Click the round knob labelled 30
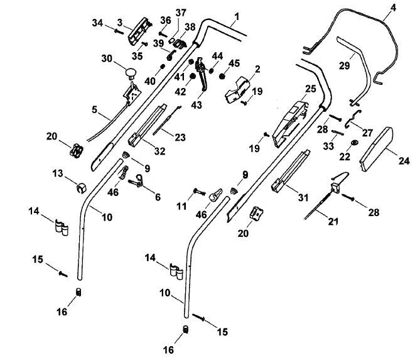(x=131, y=74)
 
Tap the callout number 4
(x=392, y=8)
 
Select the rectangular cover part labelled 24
(x=376, y=149)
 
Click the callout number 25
(x=310, y=89)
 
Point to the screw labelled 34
(x=119, y=31)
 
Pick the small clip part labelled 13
(x=80, y=188)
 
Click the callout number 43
(x=197, y=105)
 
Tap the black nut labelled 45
(x=222, y=77)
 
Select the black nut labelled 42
(x=192, y=77)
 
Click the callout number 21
(x=333, y=221)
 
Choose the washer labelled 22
(x=355, y=143)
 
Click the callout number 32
(x=159, y=151)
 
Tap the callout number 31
(x=303, y=197)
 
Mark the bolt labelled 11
(x=199, y=192)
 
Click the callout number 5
(x=94, y=110)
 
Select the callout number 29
(x=345, y=65)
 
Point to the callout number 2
(x=257, y=69)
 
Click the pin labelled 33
(x=338, y=133)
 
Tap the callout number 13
(x=58, y=173)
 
